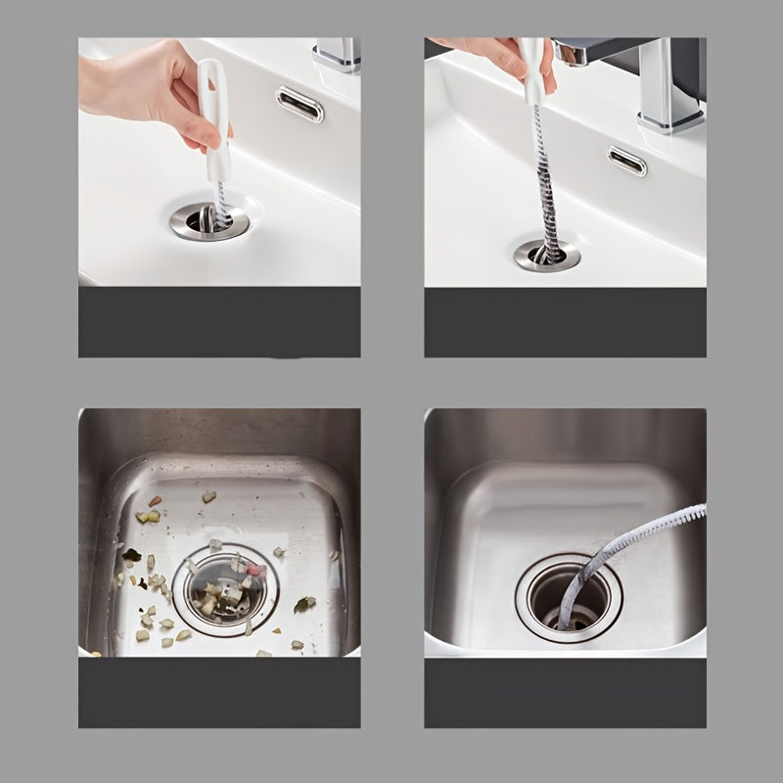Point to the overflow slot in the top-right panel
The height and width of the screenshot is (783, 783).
click(626, 161)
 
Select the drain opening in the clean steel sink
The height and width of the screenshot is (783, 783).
click(569, 597)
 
